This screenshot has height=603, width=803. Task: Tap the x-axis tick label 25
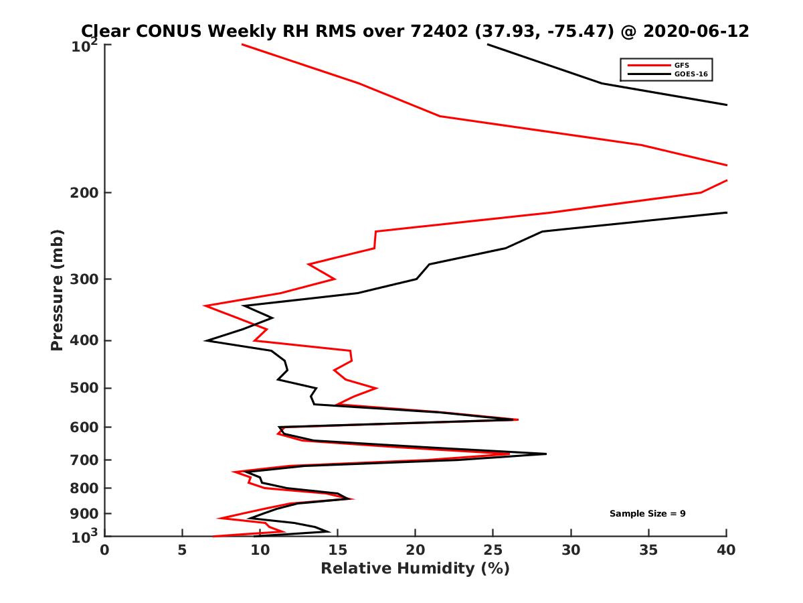[493, 550]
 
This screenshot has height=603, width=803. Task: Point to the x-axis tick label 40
[726, 550]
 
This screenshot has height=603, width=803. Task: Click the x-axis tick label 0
[104, 550]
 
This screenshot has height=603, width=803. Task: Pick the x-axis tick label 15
[337, 550]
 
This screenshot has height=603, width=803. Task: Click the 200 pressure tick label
[86, 193]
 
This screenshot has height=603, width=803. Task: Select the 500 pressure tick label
[86, 388]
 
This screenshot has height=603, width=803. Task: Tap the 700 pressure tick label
[86, 460]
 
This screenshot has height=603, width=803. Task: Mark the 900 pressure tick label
[86, 514]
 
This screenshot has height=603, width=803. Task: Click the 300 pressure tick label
[86, 279]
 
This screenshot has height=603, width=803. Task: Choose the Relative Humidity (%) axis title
[415, 569]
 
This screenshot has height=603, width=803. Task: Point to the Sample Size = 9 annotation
[647, 514]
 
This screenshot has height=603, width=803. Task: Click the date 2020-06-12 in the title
[694, 31]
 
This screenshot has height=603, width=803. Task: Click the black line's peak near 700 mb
[545, 454]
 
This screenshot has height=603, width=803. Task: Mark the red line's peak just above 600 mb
[517, 419]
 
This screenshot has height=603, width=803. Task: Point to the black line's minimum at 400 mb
[207, 340]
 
